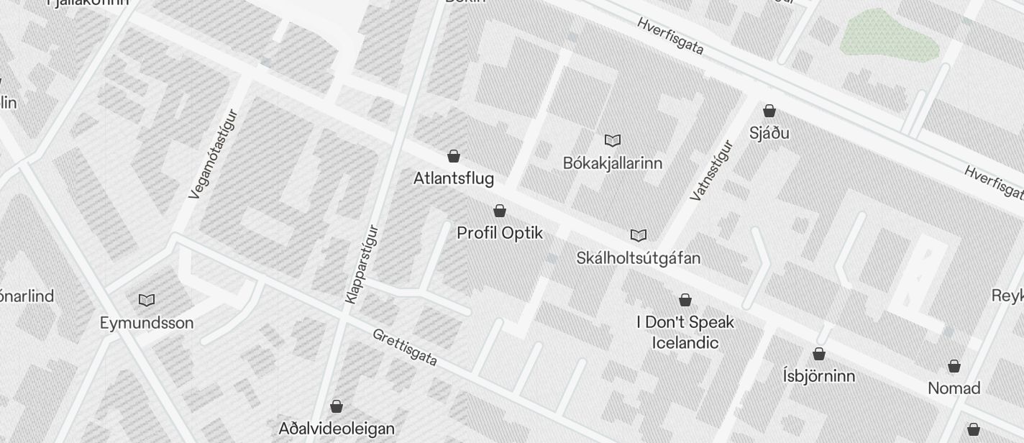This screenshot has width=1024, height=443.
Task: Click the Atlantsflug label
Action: click(x=453, y=178)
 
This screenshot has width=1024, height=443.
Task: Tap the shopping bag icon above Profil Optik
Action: click(x=500, y=211)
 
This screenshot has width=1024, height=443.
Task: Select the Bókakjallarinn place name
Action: click(x=612, y=163)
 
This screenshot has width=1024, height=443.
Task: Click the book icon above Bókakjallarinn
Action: click(x=613, y=140)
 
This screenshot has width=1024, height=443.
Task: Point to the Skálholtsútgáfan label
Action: click(x=638, y=257)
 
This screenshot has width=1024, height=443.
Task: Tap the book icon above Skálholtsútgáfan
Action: click(x=638, y=235)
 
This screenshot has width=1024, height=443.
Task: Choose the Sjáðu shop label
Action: click(x=769, y=133)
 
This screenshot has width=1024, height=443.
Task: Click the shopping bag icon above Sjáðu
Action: click(x=769, y=111)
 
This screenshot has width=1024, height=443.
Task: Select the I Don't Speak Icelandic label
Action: click(x=685, y=332)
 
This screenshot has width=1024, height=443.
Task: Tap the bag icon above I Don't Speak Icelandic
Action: click(x=685, y=299)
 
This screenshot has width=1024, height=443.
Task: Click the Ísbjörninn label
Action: click(x=818, y=376)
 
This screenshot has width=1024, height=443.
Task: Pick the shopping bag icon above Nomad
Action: click(x=954, y=366)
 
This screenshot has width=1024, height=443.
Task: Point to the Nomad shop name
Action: click(x=954, y=388)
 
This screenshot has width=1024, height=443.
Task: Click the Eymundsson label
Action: click(x=147, y=323)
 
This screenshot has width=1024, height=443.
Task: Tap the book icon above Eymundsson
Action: click(x=147, y=300)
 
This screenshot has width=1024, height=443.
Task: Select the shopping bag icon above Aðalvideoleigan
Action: click(x=336, y=406)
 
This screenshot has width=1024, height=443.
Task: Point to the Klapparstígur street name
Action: click(x=361, y=264)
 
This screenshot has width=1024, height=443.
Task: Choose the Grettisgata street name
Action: click(x=405, y=347)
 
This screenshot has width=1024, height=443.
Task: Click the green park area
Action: click(x=891, y=35)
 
